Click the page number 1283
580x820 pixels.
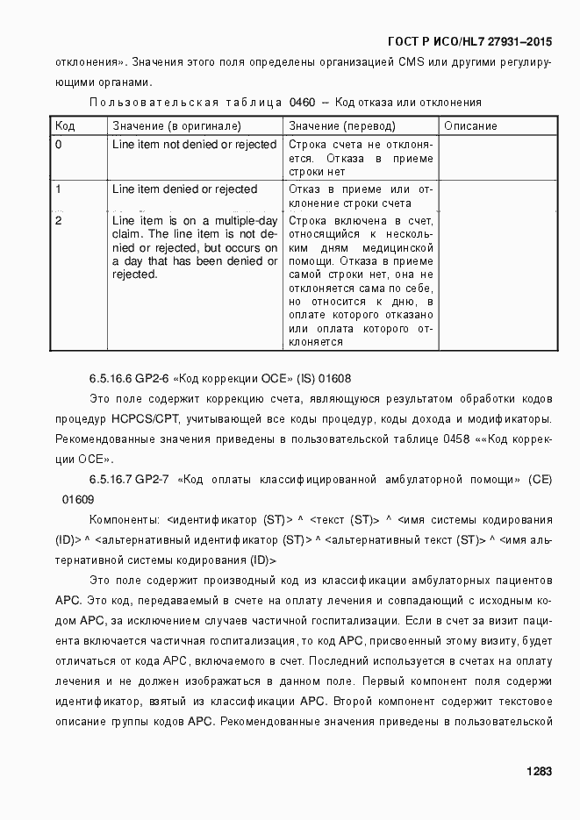(x=539, y=772)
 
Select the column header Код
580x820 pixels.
(x=64, y=125)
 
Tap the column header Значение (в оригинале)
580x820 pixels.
(x=176, y=125)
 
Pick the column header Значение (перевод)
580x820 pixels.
(x=342, y=125)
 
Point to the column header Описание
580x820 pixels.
(x=470, y=125)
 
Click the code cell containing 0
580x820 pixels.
(x=59, y=145)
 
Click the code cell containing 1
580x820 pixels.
(x=59, y=189)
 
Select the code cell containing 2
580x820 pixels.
(x=59, y=220)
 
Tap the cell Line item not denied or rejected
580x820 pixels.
(x=195, y=145)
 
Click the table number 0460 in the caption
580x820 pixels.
(x=301, y=103)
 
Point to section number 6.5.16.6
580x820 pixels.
(x=110, y=379)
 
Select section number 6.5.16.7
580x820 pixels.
(x=110, y=480)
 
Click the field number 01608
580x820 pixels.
(x=336, y=379)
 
